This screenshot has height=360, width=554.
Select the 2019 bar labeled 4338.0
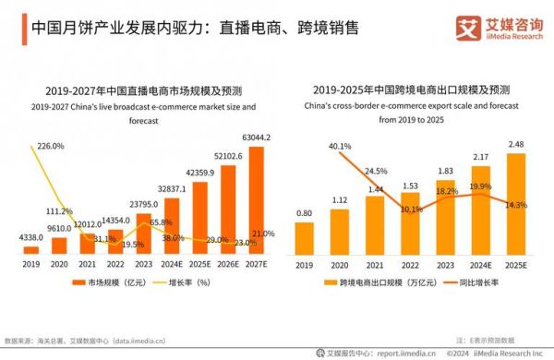tap(31, 249)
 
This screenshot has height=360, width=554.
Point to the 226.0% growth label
tap(50, 146)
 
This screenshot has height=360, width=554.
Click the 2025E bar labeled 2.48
tap(516, 203)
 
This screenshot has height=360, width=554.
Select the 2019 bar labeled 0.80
tap(304, 237)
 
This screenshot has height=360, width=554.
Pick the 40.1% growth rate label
tap(341, 146)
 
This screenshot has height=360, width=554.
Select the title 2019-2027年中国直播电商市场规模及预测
tap(142, 90)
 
